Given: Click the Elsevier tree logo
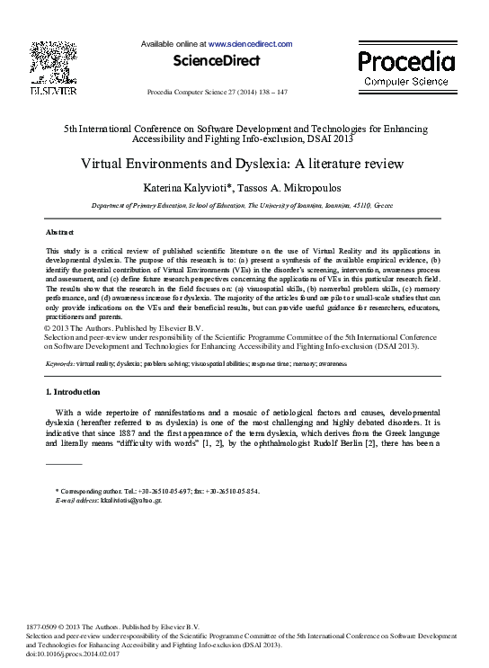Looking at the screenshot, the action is pyautogui.click(x=53, y=61).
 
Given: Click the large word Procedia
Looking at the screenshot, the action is pyautogui.click(x=406, y=61).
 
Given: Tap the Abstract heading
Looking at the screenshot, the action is pyautogui.click(x=59, y=232).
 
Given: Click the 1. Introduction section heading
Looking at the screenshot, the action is pyautogui.click(x=73, y=392).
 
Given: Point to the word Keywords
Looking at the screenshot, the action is pyautogui.click(x=60, y=364).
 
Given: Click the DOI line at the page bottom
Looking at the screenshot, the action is pyautogui.click(x=75, y=655).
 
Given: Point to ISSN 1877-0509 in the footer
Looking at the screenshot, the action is pyautogui.click(x=41, y=626).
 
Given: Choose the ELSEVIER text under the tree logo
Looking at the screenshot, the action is pyautogui.click(x=53, y=91).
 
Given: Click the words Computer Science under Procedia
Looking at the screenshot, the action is pyautogui.click(x=406, y=82).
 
